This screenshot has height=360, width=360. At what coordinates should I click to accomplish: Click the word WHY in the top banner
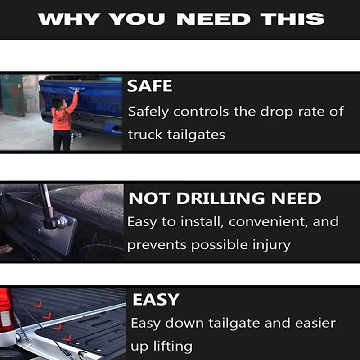[x=69, y=19]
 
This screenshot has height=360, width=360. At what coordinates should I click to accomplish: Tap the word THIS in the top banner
[x=292, y=19]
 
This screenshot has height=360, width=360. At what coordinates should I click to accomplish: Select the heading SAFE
[x=149, y=86]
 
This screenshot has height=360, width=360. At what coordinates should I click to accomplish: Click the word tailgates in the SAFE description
[x=196, y=135]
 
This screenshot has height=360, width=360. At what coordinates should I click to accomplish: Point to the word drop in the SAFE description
[x=276, y=112]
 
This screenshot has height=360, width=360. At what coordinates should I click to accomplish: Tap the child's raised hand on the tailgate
[x=76, y=91]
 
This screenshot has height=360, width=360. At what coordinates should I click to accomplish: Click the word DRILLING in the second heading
[x=220, y=198]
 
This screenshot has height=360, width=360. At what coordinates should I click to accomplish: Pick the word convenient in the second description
[x=269, y=222]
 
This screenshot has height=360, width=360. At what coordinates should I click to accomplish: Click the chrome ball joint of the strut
[x=62, y=222]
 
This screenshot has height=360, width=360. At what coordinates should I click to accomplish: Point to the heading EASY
[x=156, y=299]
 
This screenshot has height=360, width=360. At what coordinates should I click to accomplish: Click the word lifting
[x=173, y=346]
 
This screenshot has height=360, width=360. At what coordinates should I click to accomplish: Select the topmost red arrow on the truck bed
[x=38, y=305]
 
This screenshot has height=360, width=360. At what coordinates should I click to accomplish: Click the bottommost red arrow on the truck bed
[x=67, y=338]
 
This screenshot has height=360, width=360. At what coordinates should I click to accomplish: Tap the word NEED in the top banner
[x=213, y=19]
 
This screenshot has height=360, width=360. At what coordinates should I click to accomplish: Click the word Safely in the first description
[x=148, y=112]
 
